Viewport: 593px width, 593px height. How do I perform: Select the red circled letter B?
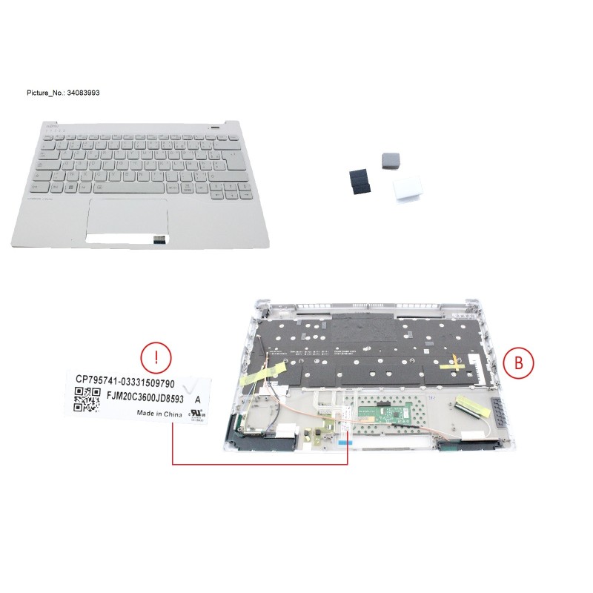[518, 362]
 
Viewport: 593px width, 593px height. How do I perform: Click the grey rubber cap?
[389, 159]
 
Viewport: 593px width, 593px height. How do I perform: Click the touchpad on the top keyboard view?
[130, 216]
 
